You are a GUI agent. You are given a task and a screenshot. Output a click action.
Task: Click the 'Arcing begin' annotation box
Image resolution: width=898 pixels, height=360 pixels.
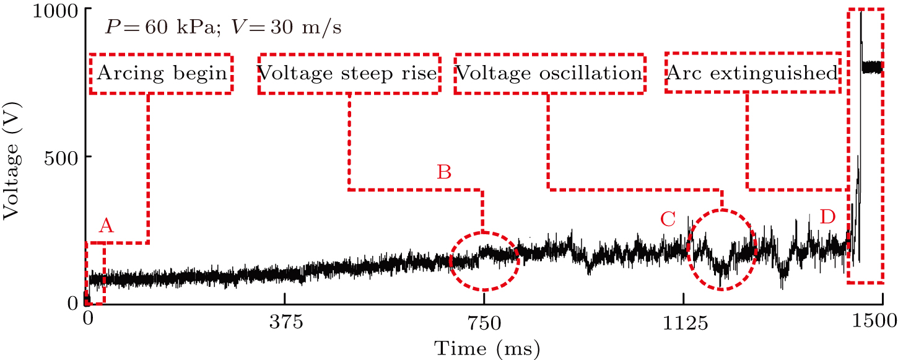(161, 74)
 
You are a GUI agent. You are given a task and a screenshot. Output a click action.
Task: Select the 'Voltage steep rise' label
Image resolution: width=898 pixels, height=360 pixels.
(349, 74)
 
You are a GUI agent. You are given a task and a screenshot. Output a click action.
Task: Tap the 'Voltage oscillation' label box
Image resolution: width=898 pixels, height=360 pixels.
(549, 74)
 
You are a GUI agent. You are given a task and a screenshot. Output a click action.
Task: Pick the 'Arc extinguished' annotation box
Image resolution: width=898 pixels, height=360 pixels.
(752, 74)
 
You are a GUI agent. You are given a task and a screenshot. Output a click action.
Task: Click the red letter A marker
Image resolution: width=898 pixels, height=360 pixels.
(107, 227)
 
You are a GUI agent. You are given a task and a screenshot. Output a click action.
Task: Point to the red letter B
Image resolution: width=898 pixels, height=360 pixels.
(444, 172)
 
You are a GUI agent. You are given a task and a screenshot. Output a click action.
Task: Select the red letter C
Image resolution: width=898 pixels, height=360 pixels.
(668, 219)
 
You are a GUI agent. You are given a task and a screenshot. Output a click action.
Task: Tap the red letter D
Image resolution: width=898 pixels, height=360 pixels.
(827, 217)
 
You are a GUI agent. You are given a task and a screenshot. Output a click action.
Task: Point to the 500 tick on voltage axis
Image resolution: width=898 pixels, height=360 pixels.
(61, 157)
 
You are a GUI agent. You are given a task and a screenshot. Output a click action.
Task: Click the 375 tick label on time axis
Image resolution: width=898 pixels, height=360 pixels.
(284, 322)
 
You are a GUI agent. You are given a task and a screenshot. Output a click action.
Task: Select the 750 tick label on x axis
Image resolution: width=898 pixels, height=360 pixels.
(484, 322)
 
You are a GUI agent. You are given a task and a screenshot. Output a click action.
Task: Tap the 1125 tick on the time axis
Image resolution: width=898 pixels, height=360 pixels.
(683, 322)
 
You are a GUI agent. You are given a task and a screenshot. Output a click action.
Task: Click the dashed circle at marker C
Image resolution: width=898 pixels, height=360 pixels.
(721, 250)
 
